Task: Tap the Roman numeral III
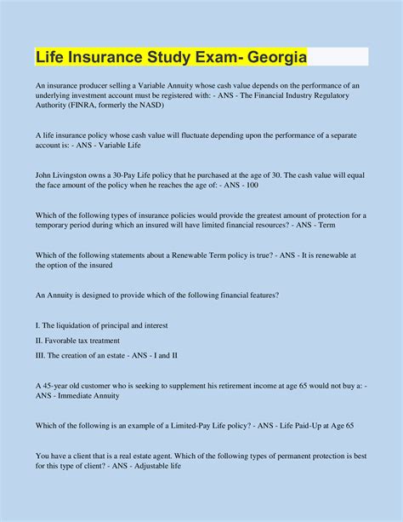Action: click(x=40, y=355)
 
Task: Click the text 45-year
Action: click(x=59, y=385)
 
